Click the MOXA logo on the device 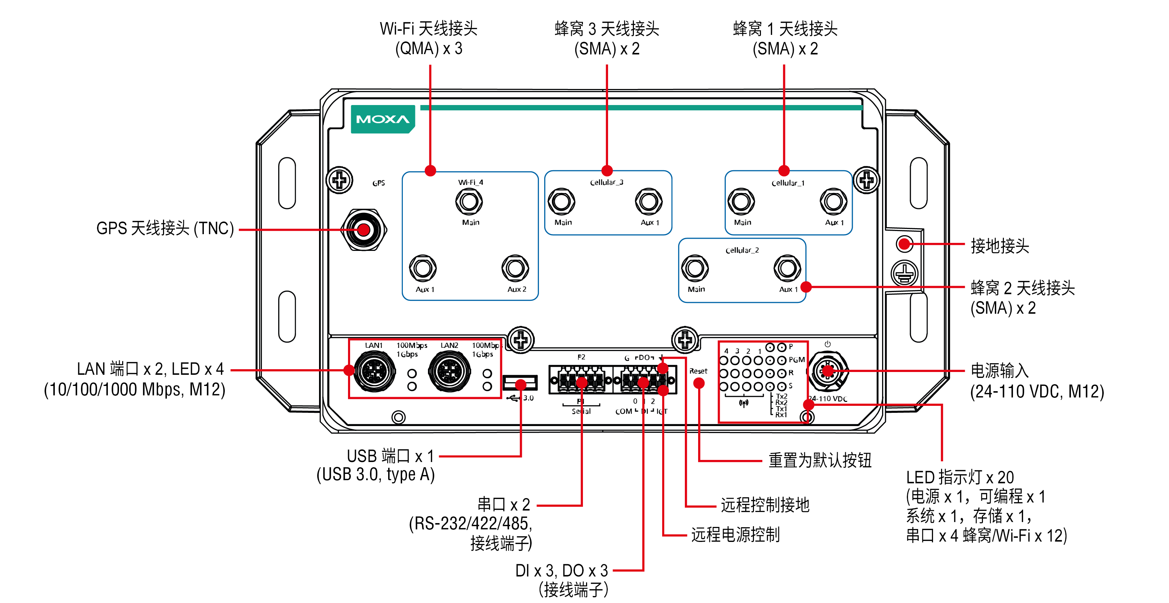pos(383,119)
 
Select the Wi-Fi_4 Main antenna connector pos(469,201)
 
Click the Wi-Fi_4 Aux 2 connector pos(515,268)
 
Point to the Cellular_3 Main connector pos(561,201)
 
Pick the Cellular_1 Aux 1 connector pos(833,201)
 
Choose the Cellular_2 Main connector pos(695,268)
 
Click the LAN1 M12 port pos(374,372)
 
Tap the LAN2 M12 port pos(449,372)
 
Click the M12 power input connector pos(827,371)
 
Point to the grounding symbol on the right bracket pos(904,273)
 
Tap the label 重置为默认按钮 pos(820,460)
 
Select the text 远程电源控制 pos(735,535)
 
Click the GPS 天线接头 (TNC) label pos(165,228)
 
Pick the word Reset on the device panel pos(698,371)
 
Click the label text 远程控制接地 pos(765,505)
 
